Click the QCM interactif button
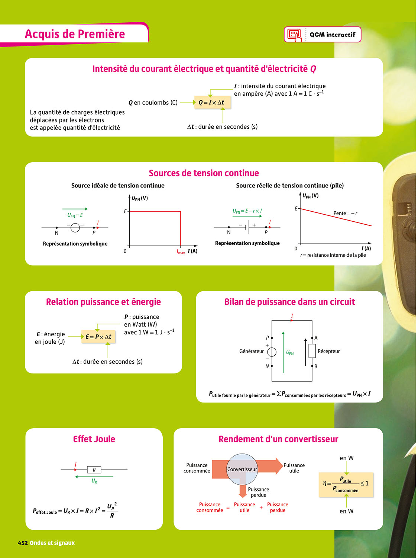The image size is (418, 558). [x=323, y=35]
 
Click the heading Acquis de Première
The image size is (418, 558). [x=75, y=34]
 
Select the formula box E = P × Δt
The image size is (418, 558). [x=98, y=337]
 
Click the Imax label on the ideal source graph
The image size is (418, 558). [x=181, y=252]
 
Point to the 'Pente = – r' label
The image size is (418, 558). [x=345, y=213]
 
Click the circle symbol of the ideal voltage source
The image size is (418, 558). [x=75, y=227]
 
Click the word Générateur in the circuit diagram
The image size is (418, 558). [x=251, y=351]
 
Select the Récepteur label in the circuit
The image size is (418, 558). [x=328, y=351]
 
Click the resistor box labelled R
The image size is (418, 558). [x=94, y=470]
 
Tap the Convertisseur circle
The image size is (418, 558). [x=242, y=469]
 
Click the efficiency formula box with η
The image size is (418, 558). [x=346, y=485]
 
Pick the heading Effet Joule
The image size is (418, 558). [x=94, y=439]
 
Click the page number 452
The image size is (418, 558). [x=23, y=543]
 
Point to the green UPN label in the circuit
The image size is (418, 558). [x=290, y=353]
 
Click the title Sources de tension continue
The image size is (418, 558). [x=204, y=173]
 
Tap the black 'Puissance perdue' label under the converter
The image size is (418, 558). [x=258, y=492]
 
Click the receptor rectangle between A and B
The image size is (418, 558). [x=312, y=351]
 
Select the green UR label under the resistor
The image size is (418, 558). [x=94, y=481]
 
